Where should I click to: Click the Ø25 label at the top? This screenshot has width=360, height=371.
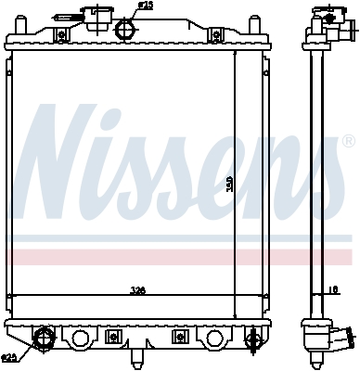point(144,6)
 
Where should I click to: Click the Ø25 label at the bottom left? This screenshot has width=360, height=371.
point(9,358)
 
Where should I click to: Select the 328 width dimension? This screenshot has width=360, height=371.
point(137,291)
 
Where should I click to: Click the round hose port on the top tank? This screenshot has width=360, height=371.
point(124,28)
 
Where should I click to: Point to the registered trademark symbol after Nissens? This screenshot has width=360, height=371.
point(348,142)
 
